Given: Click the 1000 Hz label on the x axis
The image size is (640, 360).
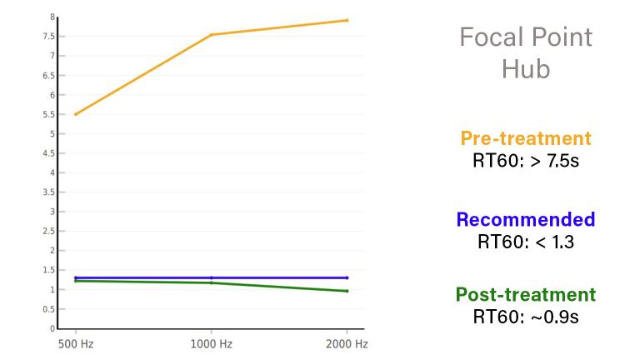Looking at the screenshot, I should pyautogui.click(x=211, y=343).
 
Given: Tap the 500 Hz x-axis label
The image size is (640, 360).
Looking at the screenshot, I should pyautogui.click(x=74, y=343).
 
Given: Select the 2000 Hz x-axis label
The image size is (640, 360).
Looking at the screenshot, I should pyautogui.click(x=347, y=343).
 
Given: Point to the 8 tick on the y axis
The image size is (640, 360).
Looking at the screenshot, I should pyautogui.click(x=52, y=17).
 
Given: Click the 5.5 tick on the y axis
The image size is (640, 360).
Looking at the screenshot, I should pyautogui.click(x=50, y=114).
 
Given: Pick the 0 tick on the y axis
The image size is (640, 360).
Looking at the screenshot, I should pyautogui.click(x=52, y=328).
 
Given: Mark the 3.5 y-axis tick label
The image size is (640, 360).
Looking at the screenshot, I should pyautogui.click(x=50, y=192).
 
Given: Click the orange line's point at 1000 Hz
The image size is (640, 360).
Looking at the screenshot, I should pyautogui.click(x=212, y=35).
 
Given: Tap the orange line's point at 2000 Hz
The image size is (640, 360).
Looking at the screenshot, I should pyautogui.click(x=347, y=20).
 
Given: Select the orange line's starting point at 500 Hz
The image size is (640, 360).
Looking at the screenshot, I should pyautogui.click(x=75, y=114).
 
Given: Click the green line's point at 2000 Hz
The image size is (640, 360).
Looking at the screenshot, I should pyautogui.click(x=347, y=291).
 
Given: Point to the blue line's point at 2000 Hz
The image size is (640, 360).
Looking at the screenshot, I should pyautogui.click(x=347, y=277).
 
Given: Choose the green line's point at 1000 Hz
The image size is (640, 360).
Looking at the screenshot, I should pyautogui.click(x=212, y=282).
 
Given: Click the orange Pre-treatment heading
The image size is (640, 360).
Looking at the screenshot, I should pyautogui.click(x=525, y=138).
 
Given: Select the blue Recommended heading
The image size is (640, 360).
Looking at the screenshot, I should pyautogui.click(x=525, y=220).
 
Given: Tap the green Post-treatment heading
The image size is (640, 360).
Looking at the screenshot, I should pyautogui.click(x=525, y=295).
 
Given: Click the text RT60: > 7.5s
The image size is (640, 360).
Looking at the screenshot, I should pyautogui.click(x=525, y=159).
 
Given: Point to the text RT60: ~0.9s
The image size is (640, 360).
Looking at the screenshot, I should pyautogui.click(x=525, y=316).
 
